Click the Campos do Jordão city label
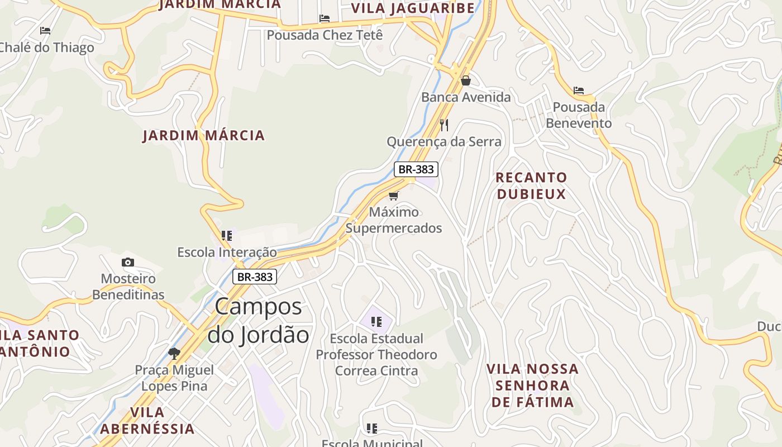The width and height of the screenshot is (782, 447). pyautogui.click(x=258, y=321)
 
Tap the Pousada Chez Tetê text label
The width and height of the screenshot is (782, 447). pyautogui.click(x=325, y=35)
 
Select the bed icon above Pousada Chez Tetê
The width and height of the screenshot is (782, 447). pyautogui.click(x=325, y=18)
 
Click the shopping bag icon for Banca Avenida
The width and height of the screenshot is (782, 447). pyautogui.click(x=465, y=81)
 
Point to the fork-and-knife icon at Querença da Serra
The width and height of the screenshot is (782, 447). pyautogui.click(x=444, y=125)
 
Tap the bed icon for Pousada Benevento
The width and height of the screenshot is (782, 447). pyautogui.click(x=579, y=90)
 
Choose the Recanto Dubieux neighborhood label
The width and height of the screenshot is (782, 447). pyautogui.click(x=531, y=186)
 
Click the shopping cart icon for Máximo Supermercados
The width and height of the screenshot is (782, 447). pyautogui.click(x=393, y=196)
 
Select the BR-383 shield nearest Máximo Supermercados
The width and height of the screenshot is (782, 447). pyautogui.click(x=416, y=169)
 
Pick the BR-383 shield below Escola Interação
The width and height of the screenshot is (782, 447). pyautogui.click(x=255, y=277)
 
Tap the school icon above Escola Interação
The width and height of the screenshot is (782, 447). pyautogui.click(x=226, y=236)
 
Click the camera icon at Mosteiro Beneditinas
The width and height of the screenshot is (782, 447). pyautogui.click(x=128, y=262)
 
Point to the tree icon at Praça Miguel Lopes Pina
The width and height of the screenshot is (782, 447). pyautogui.click(x=174, y=353)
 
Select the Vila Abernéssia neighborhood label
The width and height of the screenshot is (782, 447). pyautogui.click(x=147, y=420)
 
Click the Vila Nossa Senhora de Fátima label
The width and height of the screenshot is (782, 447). pyautogui.click(x=532, y=385)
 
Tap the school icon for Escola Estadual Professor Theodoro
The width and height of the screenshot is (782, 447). pyautogui.click(x=376, y=322)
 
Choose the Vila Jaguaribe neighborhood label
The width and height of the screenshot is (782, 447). pyautogui.click(x=413, y=8)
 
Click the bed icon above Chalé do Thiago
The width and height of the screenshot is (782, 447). pyautogui.click(x=45, y=31)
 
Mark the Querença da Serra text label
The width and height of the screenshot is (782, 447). pyautogui.click(x=444, y=142)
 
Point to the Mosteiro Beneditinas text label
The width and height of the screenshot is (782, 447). pyautogui.click(x=128, y=287)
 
